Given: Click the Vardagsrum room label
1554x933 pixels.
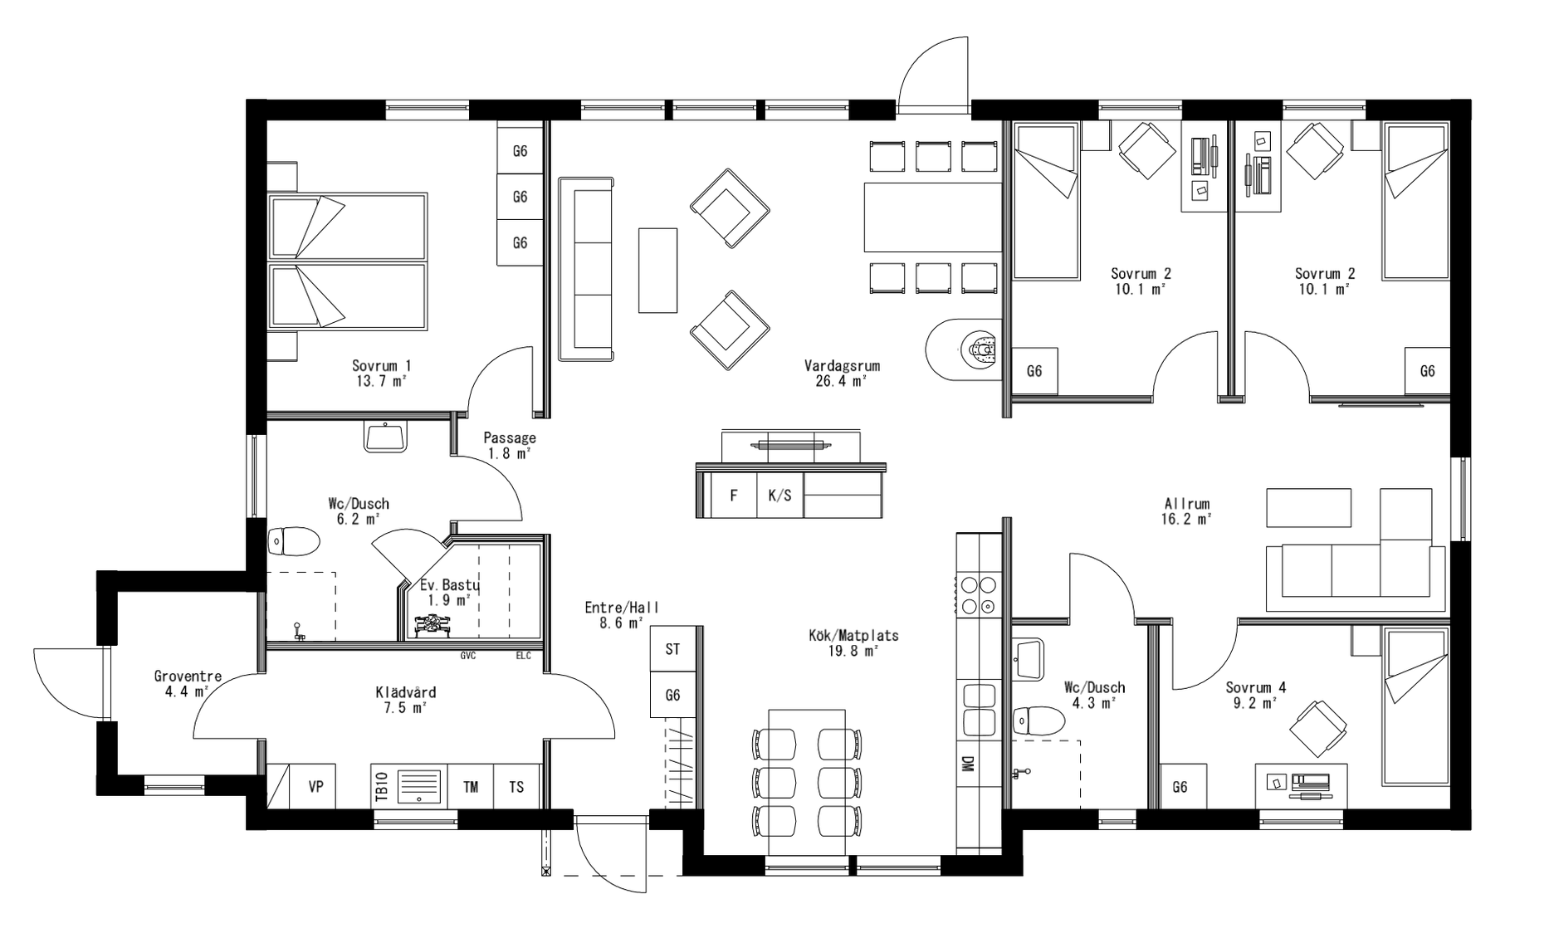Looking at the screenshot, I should point(841,366).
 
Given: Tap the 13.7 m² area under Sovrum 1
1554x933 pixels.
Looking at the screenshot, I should point(381,381).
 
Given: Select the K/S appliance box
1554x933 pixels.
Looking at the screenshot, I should point(779,496).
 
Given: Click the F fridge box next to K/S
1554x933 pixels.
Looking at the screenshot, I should point(734,496).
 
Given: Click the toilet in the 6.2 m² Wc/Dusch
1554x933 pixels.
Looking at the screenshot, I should point(294,542).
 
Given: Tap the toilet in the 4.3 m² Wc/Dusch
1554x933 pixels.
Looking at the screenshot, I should point(1038,720).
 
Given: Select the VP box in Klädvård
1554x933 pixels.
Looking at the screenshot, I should point(315,786).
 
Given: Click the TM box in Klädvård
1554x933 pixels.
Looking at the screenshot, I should point(471,786).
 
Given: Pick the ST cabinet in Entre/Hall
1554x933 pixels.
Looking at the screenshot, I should point(672,649).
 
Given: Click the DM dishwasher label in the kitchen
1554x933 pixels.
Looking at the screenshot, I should point(967,764).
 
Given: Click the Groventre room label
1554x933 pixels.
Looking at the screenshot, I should point(188,677).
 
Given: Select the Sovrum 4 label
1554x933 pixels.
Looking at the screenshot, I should point(1255,687).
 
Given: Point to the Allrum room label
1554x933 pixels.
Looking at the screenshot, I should point(1186,504).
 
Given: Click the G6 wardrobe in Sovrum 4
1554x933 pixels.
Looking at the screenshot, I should point(1180,787).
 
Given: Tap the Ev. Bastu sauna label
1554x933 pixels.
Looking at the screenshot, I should point(449,584).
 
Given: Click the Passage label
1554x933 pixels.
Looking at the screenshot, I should point(509,437).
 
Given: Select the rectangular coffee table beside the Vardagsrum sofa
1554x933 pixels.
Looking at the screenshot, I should point(657,270).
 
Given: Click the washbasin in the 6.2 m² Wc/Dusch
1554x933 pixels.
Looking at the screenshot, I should point(385,437).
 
